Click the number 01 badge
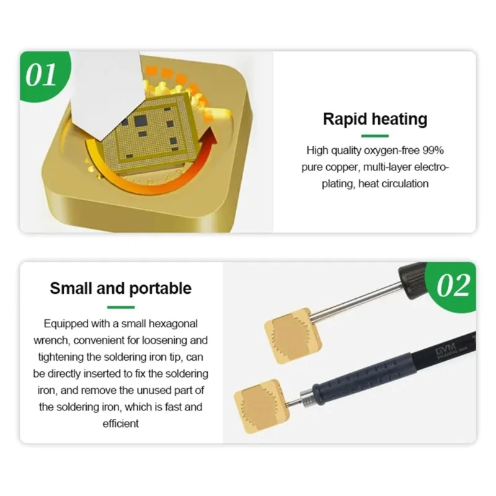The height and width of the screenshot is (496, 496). pos(43,76)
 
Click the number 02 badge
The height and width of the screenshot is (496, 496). pos(452,286)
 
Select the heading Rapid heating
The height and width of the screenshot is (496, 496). pos(375,119)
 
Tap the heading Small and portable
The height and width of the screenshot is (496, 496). pos(120,288)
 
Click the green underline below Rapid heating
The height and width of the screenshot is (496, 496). pos(375,136)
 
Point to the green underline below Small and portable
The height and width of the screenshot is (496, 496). pos(121,307)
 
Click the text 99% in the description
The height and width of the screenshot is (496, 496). pos(433,151)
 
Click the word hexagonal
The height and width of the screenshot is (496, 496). pos(173,324)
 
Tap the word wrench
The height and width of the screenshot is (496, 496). pos(52,340)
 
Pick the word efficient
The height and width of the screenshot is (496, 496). pos(120,423)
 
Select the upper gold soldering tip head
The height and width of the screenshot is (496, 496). pos(293,336)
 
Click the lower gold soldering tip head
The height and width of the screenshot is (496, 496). pos(262,406)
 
